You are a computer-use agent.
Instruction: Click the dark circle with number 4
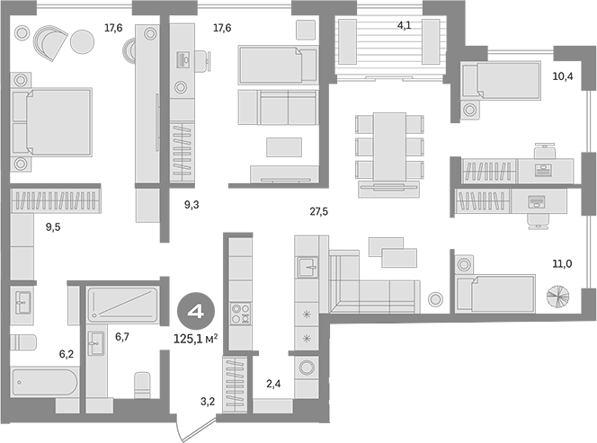coord(196,312)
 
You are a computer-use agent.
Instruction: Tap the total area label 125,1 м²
coord(196,339)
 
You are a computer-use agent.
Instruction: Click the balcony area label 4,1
coord(404,25)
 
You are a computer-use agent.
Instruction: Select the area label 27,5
coord(318,211)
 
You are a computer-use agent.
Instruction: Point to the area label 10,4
coord(563,76)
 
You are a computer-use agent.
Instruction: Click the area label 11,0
coord(562,263)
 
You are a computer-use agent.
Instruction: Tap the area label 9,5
coord(53,227)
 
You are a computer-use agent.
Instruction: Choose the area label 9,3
coord(192,205)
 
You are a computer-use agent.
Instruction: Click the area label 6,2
coord(67,354)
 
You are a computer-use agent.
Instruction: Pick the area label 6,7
coord(122,336)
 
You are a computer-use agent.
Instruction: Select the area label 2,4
coord(273,384)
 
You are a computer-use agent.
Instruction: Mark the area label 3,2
coord(208,401)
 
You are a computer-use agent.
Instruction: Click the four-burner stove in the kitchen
coord(241,313)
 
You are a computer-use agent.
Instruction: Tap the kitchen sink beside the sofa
coord(307,267)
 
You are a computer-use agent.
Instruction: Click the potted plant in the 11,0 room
coord(557,297)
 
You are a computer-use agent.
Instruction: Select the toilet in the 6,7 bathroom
coord(142,385)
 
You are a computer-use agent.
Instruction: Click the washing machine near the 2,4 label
coord(307,368)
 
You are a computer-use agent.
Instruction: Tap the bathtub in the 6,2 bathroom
coord(45,382)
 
